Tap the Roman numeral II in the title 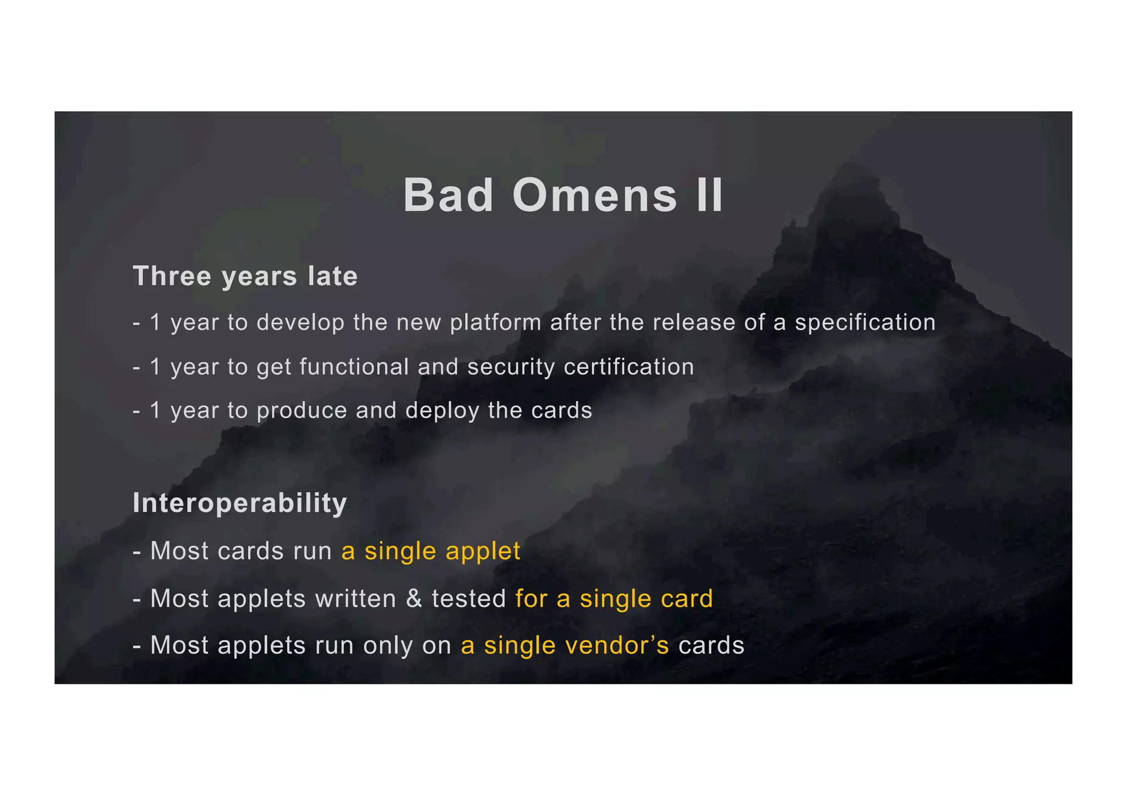coord(709,196)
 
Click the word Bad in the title coord(448,196)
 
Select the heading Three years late coord(245,276)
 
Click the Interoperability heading coord(240,503)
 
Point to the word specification coord(865,323)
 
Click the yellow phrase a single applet coord(430,551)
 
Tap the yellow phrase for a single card coord(614,599)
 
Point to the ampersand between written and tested coord(414,599)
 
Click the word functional coord(354,367)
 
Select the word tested coord(469,599)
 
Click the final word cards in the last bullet coord(711,645)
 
